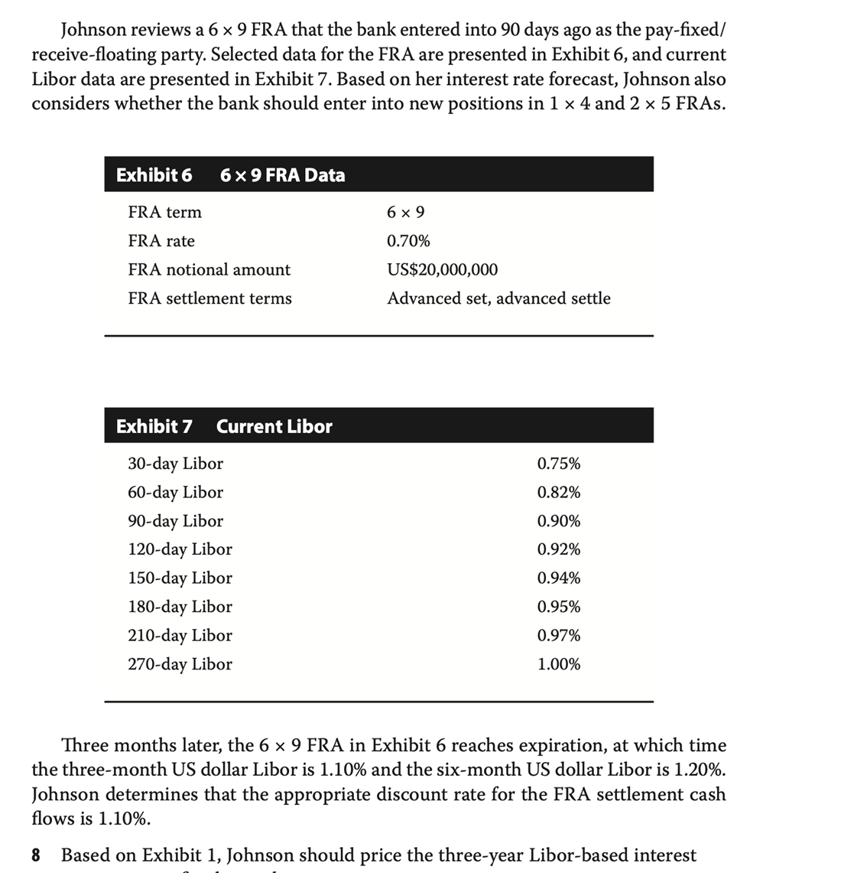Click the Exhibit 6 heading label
[x=154, y=175]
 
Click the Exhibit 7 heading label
[x=154, y=426]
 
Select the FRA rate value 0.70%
[x=408, y=241]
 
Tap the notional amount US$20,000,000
[x=442, y=269]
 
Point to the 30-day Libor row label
[x=175, y=464]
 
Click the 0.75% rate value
[x=558, y=464]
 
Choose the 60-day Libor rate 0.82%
[x=558, y=492]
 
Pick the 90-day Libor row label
[x=175, y=521]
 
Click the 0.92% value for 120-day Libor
[x=558, y=549]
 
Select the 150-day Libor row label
[x=180, y=578]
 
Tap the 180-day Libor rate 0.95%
[x=558, y=607]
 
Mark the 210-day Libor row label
[x=180, y=635]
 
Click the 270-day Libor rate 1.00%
[x=558, y=664]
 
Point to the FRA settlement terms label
[x=209, y=298]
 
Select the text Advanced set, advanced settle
[x=498, y=298]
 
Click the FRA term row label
[x=164, y=212]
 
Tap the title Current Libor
[x=274, y=426]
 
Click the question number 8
[x=36, y=855]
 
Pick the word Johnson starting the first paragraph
[x=94, y=30]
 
